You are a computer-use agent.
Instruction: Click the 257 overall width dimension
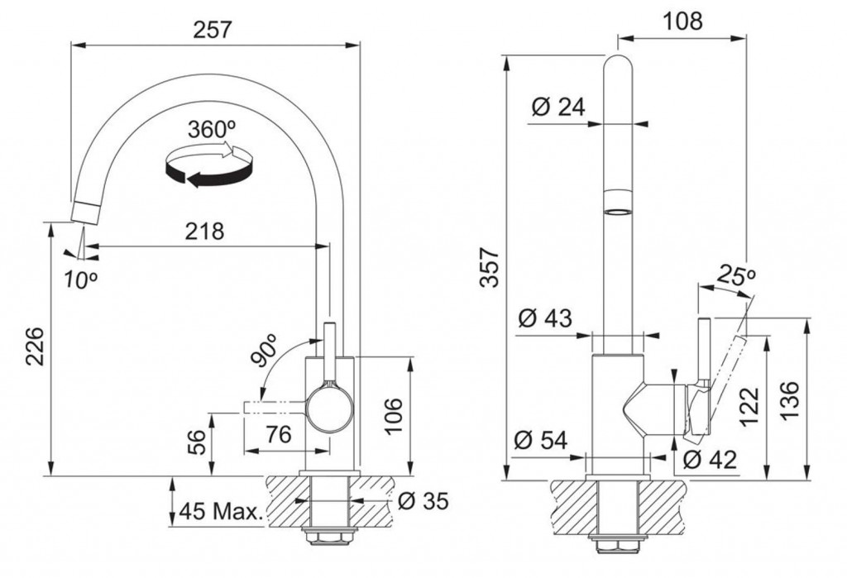point(213,30)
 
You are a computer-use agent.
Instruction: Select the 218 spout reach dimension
point(204,232)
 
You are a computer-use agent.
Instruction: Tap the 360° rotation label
point(212,130)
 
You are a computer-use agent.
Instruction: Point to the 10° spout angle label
point(80,279)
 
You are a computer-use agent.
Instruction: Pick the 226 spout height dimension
point(36,346)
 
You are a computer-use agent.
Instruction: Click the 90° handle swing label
point(266,351)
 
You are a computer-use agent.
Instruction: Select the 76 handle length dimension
point(279,434)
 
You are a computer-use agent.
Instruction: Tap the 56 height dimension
point(199,442)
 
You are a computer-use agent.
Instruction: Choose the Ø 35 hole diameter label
point(423,501)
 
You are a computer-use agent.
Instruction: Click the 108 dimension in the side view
point(682,21)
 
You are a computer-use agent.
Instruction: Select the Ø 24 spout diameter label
point(558,107)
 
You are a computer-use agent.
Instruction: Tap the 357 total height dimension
point(490,267)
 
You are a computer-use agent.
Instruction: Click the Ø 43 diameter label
point(544,318)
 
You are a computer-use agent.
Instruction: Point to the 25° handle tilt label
point(735,276)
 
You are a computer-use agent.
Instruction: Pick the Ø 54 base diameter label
point(541,440)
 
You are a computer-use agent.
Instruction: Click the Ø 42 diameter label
point(710,460)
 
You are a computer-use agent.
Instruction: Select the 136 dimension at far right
point(789,400)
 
